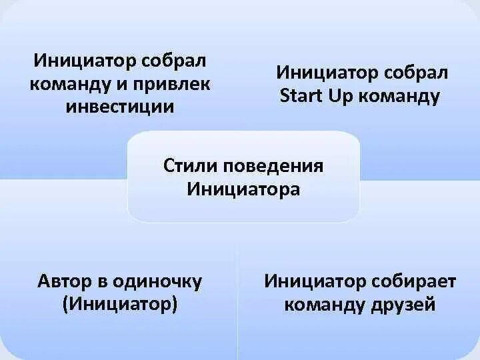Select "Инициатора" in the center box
243,189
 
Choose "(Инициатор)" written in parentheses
120,305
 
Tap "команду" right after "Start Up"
399,96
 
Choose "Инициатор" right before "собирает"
311,281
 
